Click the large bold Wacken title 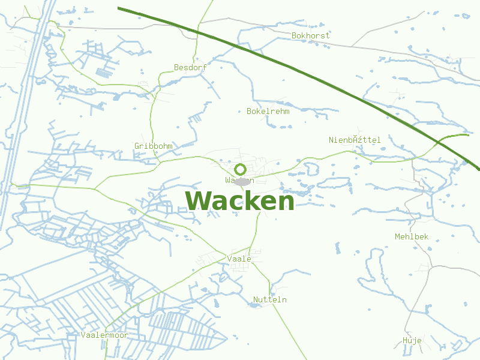coord(240,202)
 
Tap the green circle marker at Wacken coord(241,169)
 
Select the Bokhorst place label coord(310,36)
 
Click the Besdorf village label coord(190,68)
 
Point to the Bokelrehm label coord(268,112)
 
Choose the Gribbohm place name coord(154,146)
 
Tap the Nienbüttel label coord(355,140)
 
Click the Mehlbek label coord(412,237)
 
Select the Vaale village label coord(239,259)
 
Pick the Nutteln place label coord(270,300)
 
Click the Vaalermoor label coord(104,335)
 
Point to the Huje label coord(412,341)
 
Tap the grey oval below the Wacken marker coord(242,181)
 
